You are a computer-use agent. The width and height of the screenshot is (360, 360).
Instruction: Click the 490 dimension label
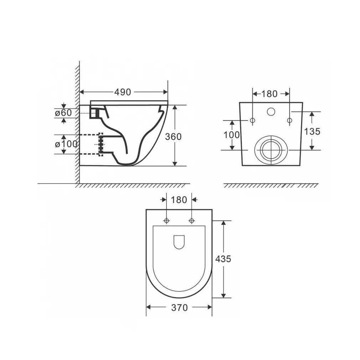click(123, 92)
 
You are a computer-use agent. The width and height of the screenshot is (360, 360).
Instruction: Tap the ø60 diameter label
click(63, 113)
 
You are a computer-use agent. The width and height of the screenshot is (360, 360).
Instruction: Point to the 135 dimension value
click(312, 132)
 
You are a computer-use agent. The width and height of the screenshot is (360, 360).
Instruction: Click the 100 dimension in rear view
click(231, 135)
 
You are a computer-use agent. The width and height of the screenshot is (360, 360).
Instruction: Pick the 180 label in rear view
click(269, 94)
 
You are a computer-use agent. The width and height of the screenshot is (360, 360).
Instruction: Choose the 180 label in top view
click(179, 200)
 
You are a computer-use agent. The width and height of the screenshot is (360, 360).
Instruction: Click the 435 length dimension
click(223, 259)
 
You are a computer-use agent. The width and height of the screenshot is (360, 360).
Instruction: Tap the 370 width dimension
click(179, 308)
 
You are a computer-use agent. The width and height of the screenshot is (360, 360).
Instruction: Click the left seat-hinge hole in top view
click(166, 221)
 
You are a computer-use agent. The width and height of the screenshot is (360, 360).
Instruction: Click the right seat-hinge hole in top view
click(192, 221)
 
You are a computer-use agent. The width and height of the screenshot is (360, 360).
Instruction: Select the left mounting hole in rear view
click(252, 121)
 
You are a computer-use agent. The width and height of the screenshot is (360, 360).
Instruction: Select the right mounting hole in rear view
click(289, 121)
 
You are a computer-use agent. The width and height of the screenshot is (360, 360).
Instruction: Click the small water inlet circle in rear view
click(271, 112)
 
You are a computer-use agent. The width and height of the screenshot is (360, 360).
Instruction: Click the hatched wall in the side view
click(77, 125)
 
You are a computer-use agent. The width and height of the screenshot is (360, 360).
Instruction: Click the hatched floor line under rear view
click(271, 186)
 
